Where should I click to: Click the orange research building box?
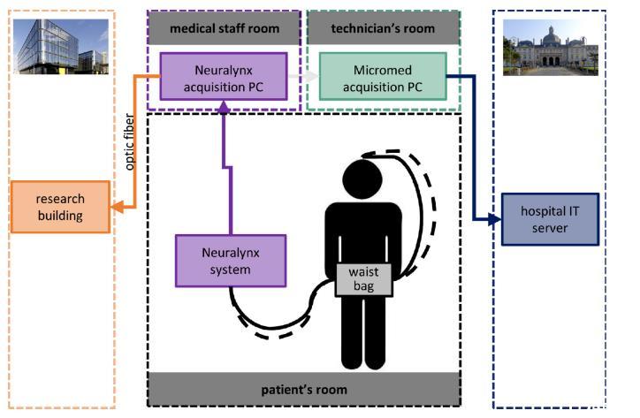click(x=61, y=206)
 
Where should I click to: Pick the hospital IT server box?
click(x=549, y=219)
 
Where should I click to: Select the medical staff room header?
click(x=225, y=28)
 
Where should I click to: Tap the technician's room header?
click(x=384, y=28)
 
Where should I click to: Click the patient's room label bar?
click(x=304, y=389)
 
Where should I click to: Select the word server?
click(x=549, y=229)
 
